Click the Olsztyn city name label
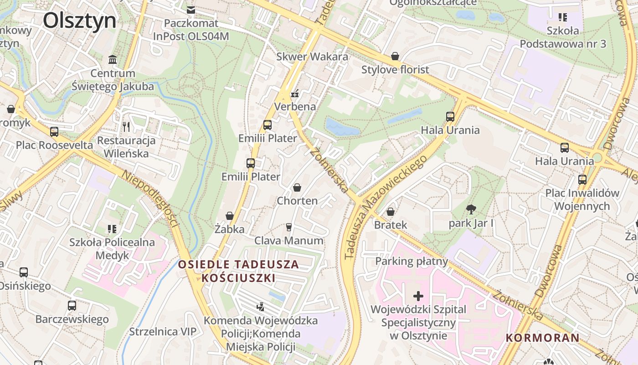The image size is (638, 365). click(80, 21)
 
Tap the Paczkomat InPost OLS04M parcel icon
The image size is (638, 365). click(191, 10)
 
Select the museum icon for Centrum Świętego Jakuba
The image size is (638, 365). click(113, 59)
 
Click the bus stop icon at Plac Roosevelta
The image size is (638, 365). click(54, 132)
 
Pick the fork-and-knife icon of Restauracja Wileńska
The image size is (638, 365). click(126, 126)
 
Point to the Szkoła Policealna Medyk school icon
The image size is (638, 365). click(112, 229)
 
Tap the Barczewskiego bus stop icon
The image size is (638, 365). click(72, 306)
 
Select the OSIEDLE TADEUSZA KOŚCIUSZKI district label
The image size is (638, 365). click(238, 271)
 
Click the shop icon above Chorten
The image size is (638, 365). click(297, 188)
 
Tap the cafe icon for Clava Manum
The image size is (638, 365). click(288, 227)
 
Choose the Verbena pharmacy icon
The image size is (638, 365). click(295, 94)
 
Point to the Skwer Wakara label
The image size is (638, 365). click(312, 57)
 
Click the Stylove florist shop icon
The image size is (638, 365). click(395, 57)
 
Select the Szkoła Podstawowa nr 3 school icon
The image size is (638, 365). click(563, 17)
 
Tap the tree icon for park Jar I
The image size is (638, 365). click(471, 210)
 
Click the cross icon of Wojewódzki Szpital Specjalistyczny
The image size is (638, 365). click(418, 296)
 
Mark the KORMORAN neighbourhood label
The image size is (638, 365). click(542, 338)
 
